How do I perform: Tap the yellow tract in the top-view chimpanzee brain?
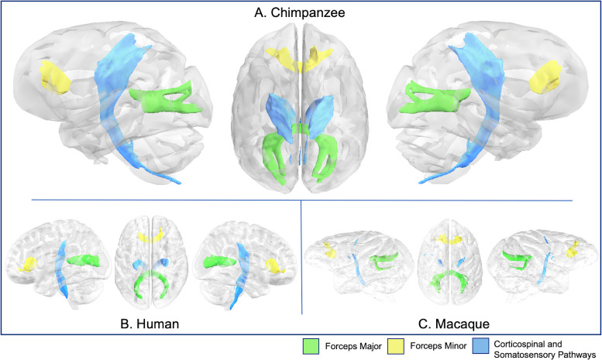coord(301,58)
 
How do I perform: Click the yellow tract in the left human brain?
coord(30,265)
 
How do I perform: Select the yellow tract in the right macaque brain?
coord(575,249)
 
